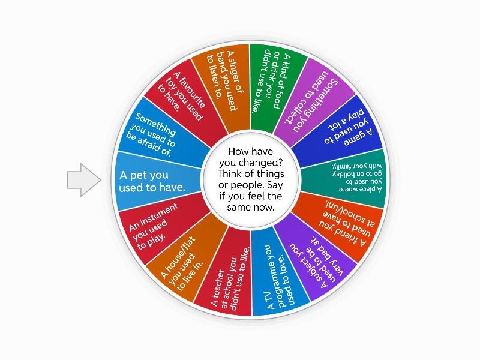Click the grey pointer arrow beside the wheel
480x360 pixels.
[83, 179]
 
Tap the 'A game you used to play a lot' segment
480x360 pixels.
[342, 129]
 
